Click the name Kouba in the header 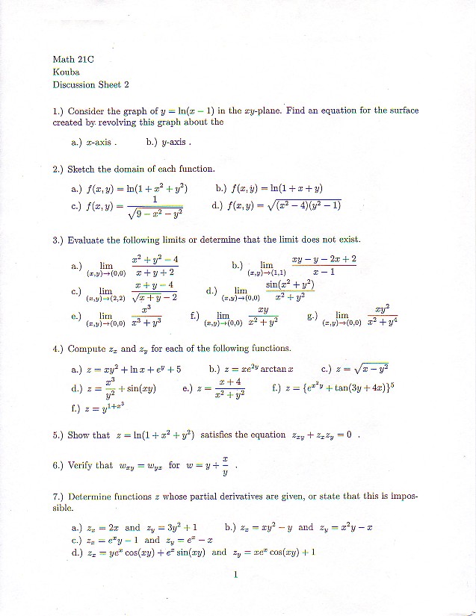[66, 72]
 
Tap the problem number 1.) [58, 111]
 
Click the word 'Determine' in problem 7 [92, 497]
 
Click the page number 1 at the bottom [235, 575]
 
